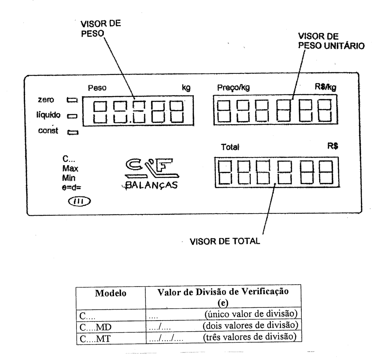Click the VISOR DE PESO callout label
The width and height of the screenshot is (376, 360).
(101, 28)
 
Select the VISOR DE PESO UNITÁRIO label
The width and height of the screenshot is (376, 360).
(331, 41)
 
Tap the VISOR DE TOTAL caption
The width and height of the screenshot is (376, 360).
(225, 241)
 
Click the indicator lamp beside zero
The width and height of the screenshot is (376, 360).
(72, 100)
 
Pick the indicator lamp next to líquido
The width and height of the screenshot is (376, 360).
(72, 116)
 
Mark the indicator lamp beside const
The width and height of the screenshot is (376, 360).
(73, 132)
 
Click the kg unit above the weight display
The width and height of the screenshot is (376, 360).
(186, 87)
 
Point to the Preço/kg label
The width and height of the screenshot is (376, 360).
(233, 88)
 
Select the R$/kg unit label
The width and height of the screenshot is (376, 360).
(325, 87)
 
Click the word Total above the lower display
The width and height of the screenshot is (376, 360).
(230, 147)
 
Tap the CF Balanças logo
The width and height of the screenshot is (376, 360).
(151, 174)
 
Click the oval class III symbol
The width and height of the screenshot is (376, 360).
(80, 201)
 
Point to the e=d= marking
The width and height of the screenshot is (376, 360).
(71, 187)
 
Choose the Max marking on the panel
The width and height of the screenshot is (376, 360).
(70, 168)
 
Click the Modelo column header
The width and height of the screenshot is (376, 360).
(111, 293)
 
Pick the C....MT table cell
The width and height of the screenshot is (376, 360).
(95, 339)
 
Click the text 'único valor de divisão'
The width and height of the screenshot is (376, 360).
(251, 314)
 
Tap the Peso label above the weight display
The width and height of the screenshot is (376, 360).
(97, 88)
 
